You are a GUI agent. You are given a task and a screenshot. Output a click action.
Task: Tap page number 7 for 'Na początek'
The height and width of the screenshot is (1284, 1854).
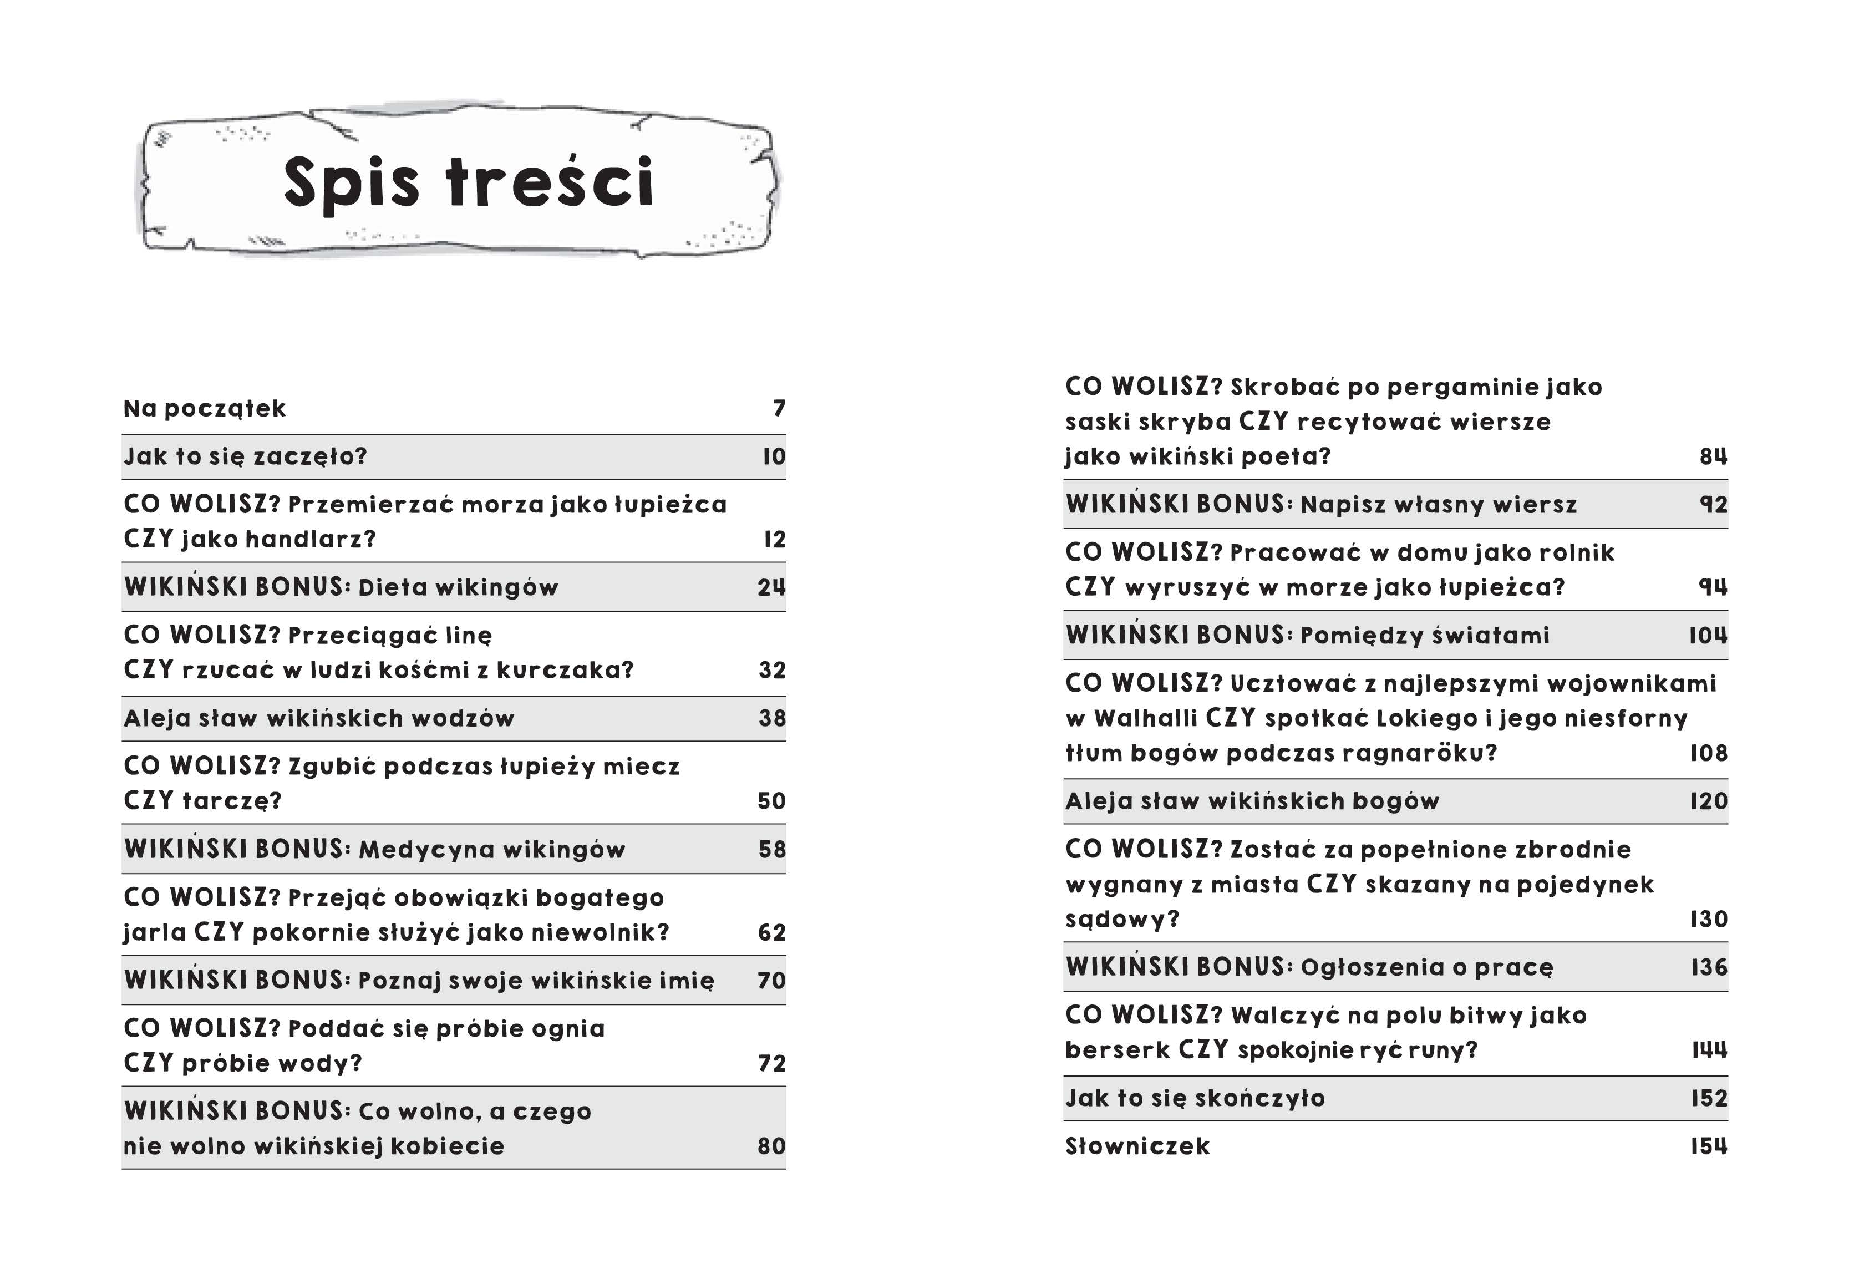[779, 409]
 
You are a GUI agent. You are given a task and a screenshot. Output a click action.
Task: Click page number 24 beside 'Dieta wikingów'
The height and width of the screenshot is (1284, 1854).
[770, 587]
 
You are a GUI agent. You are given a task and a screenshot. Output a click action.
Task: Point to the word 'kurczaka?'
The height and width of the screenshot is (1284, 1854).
[565, 670]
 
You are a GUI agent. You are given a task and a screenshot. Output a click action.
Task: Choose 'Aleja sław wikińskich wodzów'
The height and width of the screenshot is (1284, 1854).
[318, 718]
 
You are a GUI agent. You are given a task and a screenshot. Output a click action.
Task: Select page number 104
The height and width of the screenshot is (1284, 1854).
[1708, 636]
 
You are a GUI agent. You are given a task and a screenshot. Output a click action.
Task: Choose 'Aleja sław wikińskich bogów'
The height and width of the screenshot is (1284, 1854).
[1252, 801]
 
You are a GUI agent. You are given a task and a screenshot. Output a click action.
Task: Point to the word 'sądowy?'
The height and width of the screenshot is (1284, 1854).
[1122, 920]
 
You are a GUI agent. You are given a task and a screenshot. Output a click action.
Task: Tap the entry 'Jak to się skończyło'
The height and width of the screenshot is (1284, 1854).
[1195, 1099]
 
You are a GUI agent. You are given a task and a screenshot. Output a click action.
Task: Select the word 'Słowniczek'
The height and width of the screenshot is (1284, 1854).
[1136, 1146]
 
